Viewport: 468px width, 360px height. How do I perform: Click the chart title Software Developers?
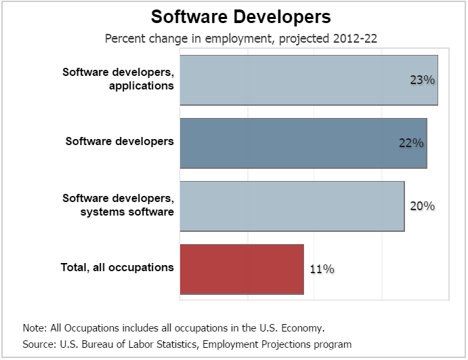(240, 16)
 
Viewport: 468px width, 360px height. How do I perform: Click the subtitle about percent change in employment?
(240, 39)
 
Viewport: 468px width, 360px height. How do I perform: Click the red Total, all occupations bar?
(242, 269)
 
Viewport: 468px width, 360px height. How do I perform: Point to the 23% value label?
(421, 80)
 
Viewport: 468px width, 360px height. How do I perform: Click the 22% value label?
(410, 143)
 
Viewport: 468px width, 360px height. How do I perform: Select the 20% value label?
(422, 206)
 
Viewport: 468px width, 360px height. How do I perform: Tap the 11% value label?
(322, 269)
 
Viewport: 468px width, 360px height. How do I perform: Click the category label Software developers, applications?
(119, 79)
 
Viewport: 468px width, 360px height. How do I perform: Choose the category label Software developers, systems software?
(119, 205)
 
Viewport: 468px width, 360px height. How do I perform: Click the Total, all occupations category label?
(118, 268)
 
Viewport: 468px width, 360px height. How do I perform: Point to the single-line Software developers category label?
(120, 142)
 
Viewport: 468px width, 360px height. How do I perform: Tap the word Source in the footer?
(38, 344)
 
